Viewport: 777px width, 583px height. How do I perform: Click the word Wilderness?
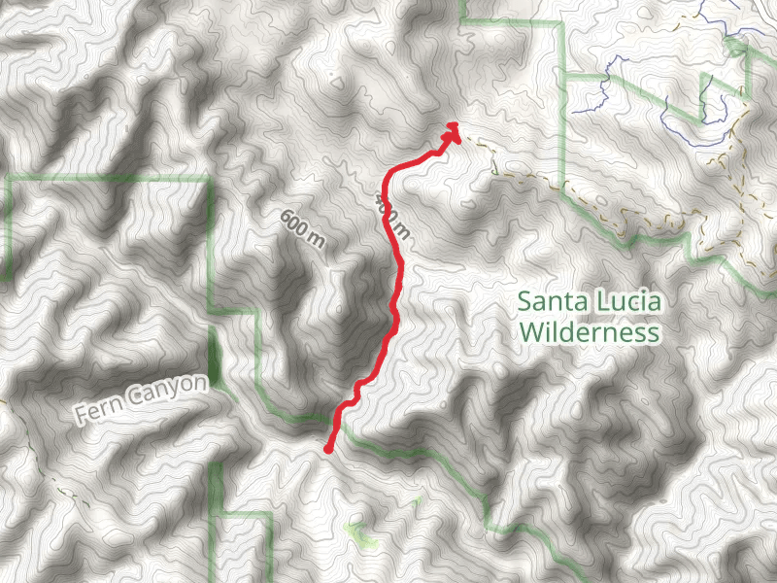pyautogui.click(x=590, y=333)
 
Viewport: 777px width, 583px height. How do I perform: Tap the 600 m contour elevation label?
pyautogui.click(x=303, y=229)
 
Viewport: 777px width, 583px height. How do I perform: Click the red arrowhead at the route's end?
pyautogui.click(x=453, y=131)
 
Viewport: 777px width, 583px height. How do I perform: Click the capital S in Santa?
pyautogui.click(x=525, y=302)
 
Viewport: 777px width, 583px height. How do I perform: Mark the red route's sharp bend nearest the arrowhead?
pyautogui.click(x=391, y=176)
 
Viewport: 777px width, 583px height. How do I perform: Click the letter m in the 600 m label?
pyautogui.click(x=318, y=242)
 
